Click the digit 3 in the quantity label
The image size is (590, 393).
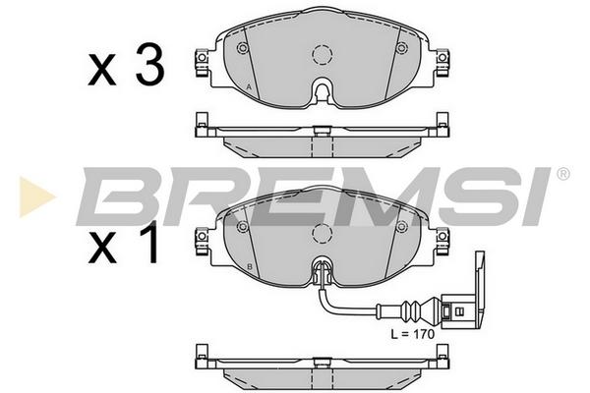click(x=149, y=65)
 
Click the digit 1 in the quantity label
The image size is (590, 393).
click(x=149, y=243)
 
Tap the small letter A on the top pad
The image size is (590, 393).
click(x=249, y=86)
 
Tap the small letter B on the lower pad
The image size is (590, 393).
click(x=249, y=267)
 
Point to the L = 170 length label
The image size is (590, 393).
click(x=412, y=334)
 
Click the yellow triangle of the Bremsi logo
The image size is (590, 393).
click(x=36, y=196)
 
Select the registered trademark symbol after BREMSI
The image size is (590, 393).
click(x=562, y=174)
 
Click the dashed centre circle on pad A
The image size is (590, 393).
click(x=323, y=55)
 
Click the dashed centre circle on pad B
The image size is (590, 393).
click(x=323, y=234)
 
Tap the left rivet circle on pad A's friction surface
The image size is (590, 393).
click(x=243, y=48)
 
